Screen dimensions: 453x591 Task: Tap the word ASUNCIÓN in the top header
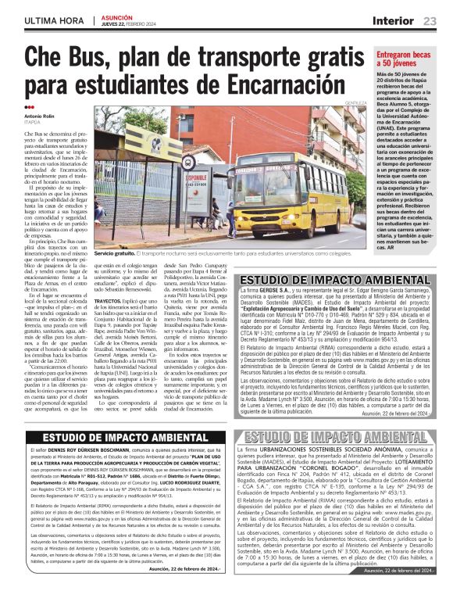click(x=116, y=15)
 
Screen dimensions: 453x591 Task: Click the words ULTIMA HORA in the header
click(x=52, y=20)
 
